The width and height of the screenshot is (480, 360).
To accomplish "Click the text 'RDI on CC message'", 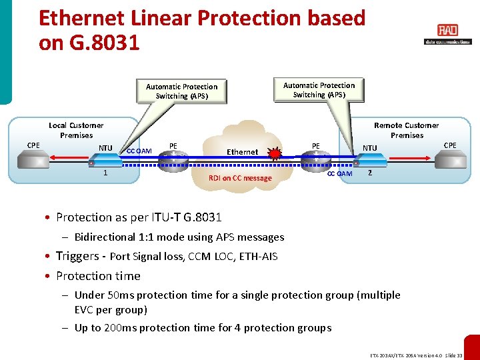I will pos(240,178).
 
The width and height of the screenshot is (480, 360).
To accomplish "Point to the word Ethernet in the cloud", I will pos(242,152).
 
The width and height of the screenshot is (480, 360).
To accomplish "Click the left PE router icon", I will pos(175,159).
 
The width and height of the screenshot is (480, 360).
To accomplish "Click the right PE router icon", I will pos(313,159).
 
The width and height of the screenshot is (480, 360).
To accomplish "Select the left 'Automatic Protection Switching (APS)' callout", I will pos(181,91).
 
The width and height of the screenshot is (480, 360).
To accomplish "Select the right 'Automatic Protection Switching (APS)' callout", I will pos(319,89).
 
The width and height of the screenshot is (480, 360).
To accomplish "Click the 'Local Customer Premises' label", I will pos(76,130).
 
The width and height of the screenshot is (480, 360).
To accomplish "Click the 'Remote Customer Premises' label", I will pos(407,130).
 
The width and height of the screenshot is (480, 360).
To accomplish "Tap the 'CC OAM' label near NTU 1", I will pos(139,151).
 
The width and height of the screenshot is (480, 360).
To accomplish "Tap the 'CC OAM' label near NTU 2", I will pos(339,174).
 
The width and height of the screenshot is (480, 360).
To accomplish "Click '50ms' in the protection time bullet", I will pos(122,295).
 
